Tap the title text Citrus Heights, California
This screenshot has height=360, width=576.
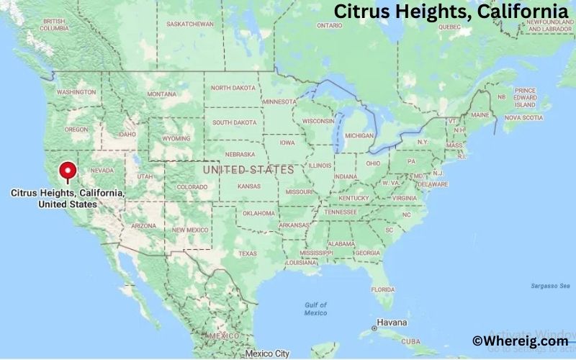[x=451, y=12]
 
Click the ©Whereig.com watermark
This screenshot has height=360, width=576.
[x=520, y=341]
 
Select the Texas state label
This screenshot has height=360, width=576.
[x=248, y=253]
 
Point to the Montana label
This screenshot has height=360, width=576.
[x=161, y=94]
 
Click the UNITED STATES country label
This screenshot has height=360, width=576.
[x=248, y=170]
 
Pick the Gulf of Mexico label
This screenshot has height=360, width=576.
[x=315, y=309]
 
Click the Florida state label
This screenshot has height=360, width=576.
[x=383, y=289]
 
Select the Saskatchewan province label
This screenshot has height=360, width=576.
[x=191, y=24]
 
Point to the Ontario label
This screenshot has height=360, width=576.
[x=329, y=25]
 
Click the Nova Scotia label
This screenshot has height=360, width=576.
[x=523, y=117]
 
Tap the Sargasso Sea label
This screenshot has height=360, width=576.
[x=545, y=286]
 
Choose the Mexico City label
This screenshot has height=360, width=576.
[x=267, y=354]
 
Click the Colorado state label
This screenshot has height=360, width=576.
[x=192, y=187]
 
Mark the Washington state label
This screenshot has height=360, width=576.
[x=76, y=92]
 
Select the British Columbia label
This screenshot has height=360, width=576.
[x=54, y=24]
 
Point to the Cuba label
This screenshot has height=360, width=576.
[x=410, y=341]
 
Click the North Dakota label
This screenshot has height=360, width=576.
[x=233, y=88]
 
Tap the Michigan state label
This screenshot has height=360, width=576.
[x=359, y=135]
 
